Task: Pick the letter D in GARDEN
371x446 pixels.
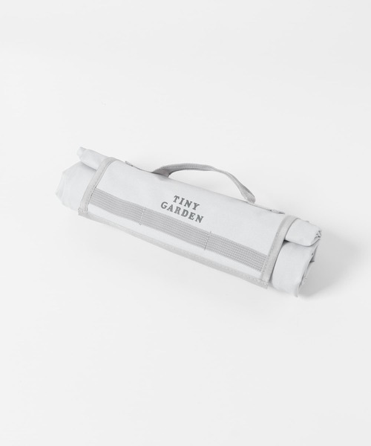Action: click(185, 214)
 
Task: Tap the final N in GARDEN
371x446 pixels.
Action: click(200, 219)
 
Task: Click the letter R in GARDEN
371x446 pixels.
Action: click(179, 212)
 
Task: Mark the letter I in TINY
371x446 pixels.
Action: click(180, 199)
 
